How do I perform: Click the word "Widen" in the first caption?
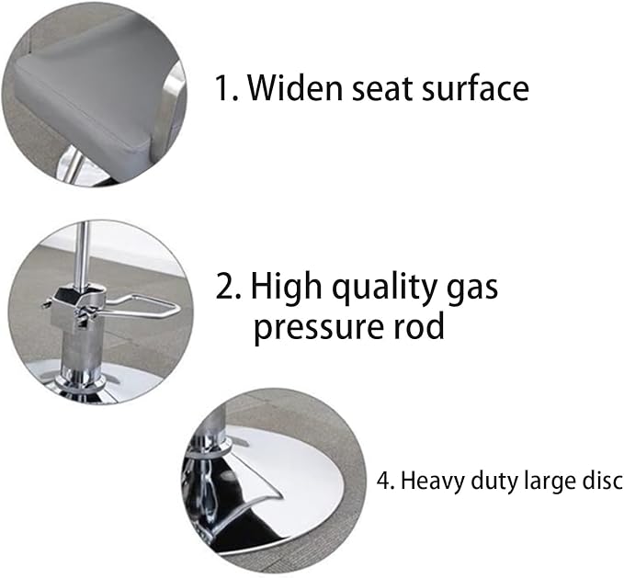295,88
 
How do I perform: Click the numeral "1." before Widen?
226,88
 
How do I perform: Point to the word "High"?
286,287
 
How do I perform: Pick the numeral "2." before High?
228,286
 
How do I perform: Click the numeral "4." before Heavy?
386,481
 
